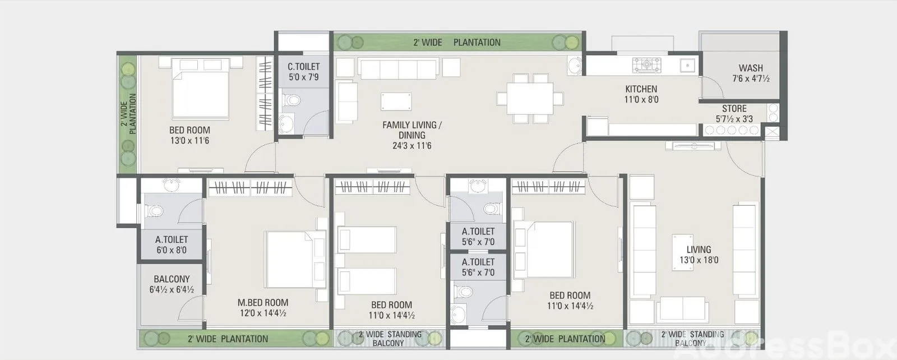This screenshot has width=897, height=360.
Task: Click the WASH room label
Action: pyautogui.click(x=751, y=68)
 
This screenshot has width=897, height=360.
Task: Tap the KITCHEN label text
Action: pyautogui.click(x=641, y=89)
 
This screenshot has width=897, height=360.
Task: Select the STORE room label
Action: pyautogui.click(x=734, y=109)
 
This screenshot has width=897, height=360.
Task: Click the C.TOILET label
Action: pyautogui.click(x=303, y=67)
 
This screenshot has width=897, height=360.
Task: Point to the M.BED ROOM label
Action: pyautogui.click(x=263, y=303)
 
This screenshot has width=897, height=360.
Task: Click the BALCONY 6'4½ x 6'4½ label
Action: pyautogui.click(x=172, y=284)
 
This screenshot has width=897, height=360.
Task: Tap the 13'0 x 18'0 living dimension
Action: pyautogui.click(x=699, y=260)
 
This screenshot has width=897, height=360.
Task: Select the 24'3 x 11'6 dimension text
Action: pyautogui.click(x=411, y=146)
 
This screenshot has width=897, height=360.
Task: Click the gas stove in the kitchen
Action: pyautogui.click(x=646, y=65)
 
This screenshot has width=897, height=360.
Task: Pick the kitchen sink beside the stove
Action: pyautogui.click(x=687, y=65)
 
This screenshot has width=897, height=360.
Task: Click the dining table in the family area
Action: pyautogui.click(x=530, y=99)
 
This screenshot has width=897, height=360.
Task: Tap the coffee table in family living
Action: pyautogui.click(x=396, y=101)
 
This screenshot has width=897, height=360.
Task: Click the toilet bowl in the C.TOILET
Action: pyautogui.click(x=291, y=100)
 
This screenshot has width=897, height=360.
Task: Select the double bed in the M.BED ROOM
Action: pyautogui.click(x=295, y=259)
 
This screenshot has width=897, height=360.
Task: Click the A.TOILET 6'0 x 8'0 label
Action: pyautogui.click(x=172, y=244)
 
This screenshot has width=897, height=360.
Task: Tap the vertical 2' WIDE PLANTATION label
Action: pyautogui.click(x=128, y=114)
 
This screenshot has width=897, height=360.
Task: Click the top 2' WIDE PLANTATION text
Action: pyautogui.click(x=457, y=43)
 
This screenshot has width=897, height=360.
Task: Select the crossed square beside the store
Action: pyautogui.click(x=771, y=132)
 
